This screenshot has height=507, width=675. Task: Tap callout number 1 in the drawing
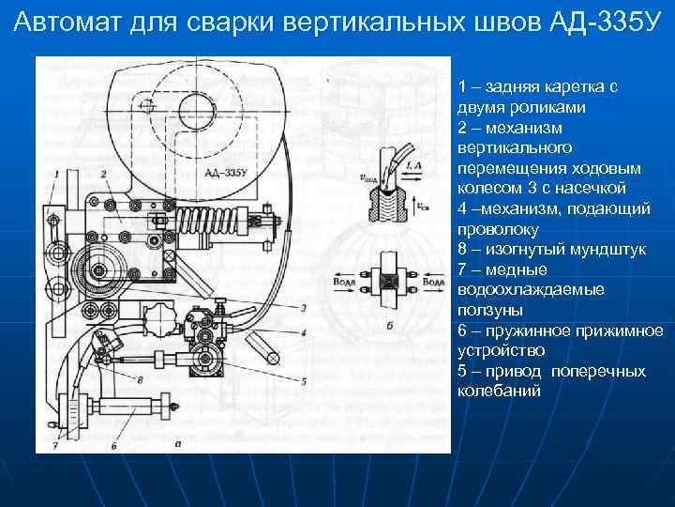[58, 175]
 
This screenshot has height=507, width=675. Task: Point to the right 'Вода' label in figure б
[432, 280]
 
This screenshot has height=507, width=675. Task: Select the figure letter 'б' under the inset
[387, 328]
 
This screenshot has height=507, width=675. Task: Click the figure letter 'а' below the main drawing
[177, 446]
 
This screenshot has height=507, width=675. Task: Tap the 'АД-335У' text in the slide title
[594, 22]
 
